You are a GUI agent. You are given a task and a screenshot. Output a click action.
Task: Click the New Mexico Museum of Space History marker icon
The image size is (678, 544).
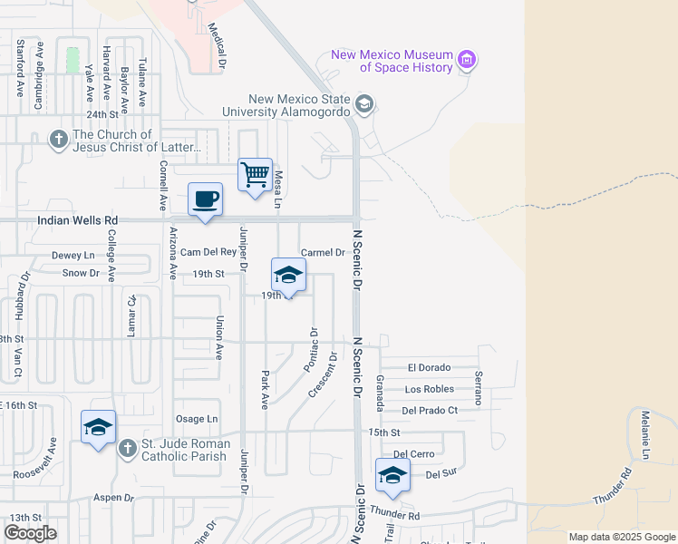468,61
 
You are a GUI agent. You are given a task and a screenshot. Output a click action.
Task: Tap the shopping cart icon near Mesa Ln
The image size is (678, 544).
256,173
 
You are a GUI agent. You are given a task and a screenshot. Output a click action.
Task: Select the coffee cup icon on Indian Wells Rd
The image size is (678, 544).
206,198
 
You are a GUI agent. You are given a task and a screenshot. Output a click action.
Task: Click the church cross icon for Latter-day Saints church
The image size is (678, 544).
59,139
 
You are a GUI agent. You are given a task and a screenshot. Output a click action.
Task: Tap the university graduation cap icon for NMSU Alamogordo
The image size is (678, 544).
364,103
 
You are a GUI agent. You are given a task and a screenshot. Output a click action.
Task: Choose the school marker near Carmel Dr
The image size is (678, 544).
289,275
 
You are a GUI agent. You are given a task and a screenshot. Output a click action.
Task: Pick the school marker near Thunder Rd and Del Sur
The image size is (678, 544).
393,474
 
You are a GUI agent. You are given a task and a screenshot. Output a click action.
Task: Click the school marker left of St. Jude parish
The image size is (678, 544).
98,427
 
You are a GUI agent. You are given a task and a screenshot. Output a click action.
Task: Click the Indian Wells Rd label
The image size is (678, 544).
78,220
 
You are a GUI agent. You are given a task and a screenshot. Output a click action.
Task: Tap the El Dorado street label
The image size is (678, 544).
429,368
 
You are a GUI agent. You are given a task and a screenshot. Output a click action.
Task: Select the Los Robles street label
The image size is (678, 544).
430,389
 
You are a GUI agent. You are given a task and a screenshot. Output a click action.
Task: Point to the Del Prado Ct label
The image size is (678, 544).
430,410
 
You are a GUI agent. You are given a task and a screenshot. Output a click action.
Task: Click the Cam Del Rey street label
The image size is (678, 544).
208,252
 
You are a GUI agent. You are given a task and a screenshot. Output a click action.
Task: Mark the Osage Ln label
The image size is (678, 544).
197,419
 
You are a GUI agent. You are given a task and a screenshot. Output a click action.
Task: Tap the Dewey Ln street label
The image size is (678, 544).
73,257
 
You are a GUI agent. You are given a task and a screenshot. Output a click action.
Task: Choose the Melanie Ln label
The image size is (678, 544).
645,434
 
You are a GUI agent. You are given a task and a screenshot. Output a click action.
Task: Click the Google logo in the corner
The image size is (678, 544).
30,533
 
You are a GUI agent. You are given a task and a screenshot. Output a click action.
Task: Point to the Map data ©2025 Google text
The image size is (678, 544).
621,537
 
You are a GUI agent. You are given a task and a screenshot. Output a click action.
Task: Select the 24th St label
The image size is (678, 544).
102,115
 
